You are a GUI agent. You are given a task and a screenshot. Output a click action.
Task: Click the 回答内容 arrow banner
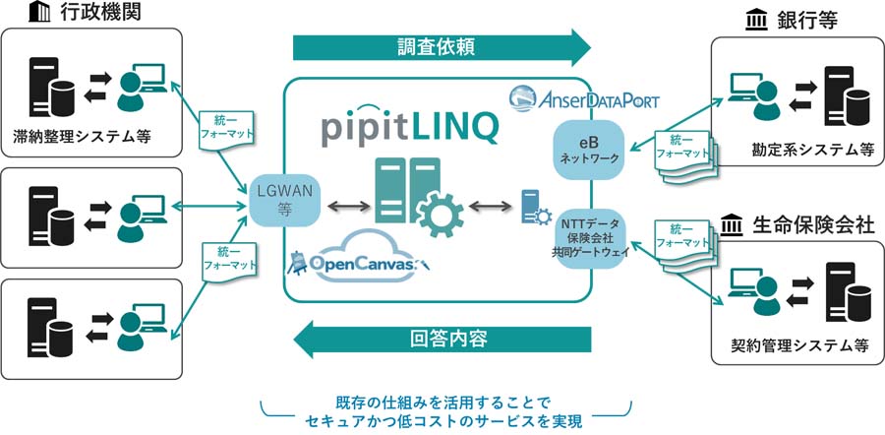[447, 339]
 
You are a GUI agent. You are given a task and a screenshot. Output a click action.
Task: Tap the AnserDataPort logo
[584, 98]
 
